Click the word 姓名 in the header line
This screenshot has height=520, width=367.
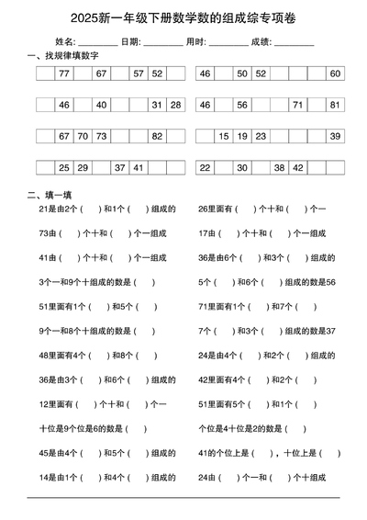64,41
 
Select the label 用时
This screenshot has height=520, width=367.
195,41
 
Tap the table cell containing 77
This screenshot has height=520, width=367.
63,73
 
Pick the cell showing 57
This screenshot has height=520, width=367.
139,73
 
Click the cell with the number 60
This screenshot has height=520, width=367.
335,73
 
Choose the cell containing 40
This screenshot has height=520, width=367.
101,105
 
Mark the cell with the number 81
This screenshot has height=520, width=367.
335,105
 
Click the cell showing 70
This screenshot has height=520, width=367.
83,136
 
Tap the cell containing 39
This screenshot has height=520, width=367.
335,136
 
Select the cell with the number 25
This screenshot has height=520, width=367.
63,167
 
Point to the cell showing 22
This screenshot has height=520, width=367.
205,167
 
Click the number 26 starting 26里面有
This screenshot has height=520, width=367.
203,209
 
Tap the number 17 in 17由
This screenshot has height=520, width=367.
203,233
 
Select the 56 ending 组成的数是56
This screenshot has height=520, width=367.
331,282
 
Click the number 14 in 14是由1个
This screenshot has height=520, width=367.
43,477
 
